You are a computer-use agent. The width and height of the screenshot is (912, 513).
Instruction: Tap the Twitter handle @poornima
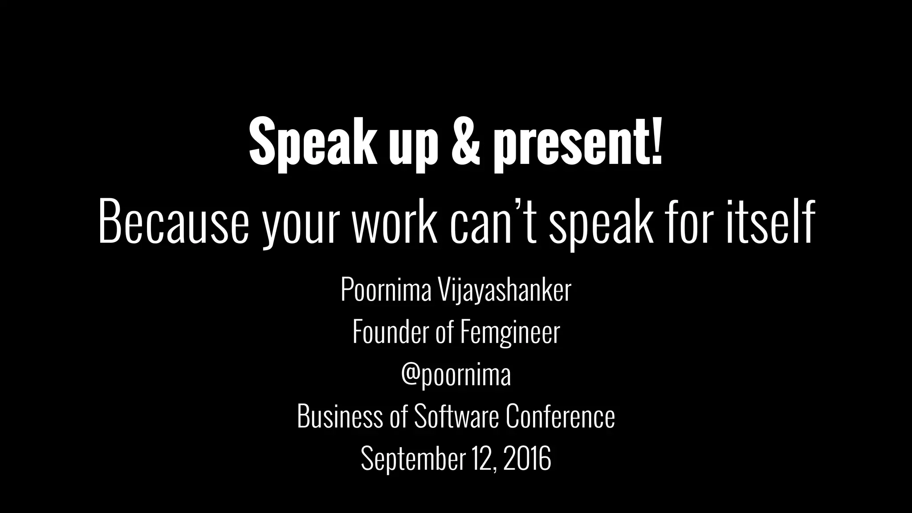pyautogui.click(x=456, y=375)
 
